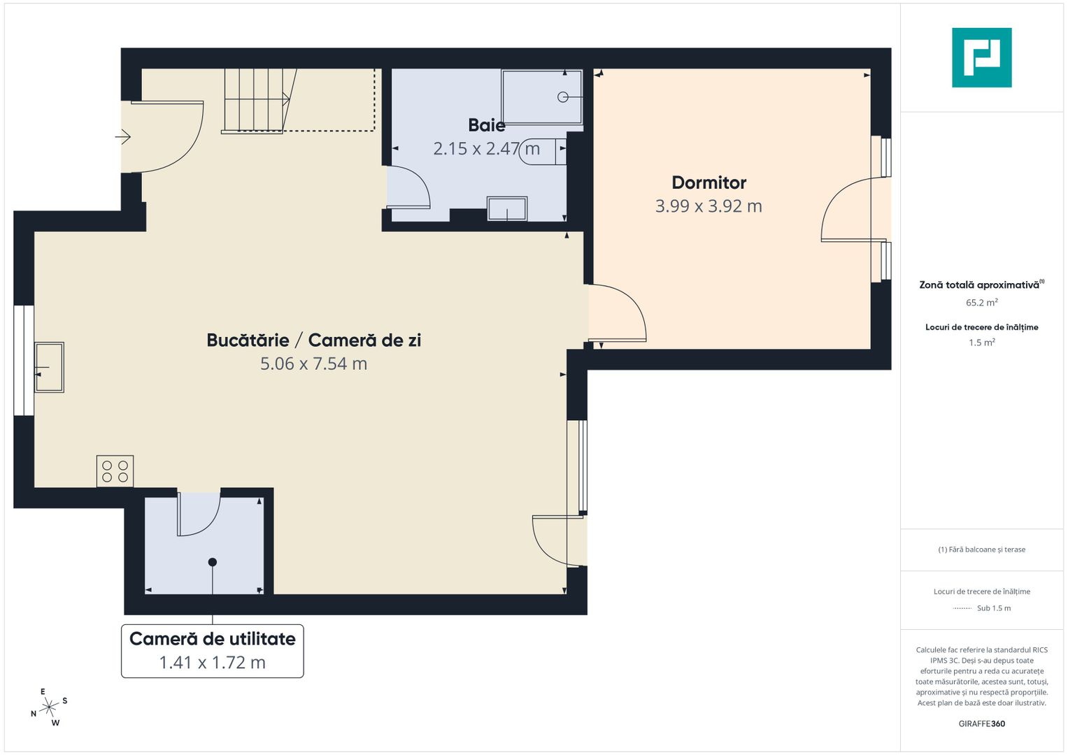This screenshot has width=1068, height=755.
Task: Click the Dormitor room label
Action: coord(709,182)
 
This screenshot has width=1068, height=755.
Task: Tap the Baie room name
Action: coord(486,125)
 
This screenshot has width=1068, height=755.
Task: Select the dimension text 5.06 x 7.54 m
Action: coord(314,364)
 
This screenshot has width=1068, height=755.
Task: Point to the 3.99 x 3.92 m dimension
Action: coord(709,206)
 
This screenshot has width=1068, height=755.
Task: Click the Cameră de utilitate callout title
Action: coord(212,639)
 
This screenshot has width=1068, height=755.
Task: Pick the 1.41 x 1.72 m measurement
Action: coord(212,663)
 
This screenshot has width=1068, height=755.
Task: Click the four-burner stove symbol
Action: coord(115,471)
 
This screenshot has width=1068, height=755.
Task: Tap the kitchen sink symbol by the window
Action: coord(49,367)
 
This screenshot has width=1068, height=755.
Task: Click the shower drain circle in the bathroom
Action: coord(562,97)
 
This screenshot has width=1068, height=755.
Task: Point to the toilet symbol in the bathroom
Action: coord(543,152)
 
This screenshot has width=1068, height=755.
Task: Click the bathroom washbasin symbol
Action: coord(507,209)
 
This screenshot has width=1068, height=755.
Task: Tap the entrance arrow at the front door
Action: coord(123,137)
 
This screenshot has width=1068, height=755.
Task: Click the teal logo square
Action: coord(982,57)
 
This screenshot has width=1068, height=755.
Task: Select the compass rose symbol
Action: coord(49,707)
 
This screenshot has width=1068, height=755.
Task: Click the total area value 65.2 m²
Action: coord(982,303)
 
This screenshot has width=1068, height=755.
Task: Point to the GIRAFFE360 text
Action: coord(982,724)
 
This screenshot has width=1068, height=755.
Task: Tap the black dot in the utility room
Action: coord(213,563)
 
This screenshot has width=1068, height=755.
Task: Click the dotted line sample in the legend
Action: coord(962,608)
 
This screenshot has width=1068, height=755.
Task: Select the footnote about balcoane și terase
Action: coord(982,549)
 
